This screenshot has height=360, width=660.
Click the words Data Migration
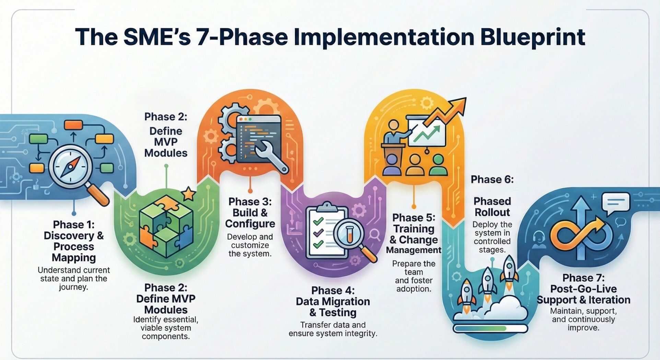(x=333, y=301)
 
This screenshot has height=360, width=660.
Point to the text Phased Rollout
(x=492, y=207)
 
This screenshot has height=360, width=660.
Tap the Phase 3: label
(x=250, y=201)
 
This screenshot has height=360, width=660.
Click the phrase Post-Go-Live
(x=583, y=289)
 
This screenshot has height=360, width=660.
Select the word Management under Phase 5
(x=413, y=250)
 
